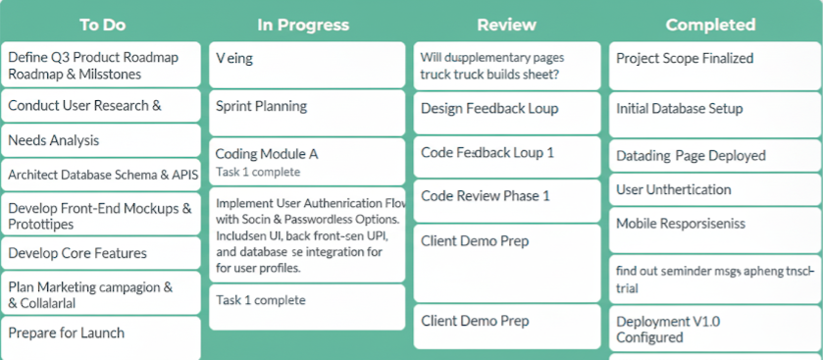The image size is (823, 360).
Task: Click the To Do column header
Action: pos(102,25)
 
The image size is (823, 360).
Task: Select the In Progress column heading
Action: pos(303,25)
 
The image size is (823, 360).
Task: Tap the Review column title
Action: pos(506,25)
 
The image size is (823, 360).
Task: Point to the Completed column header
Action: pos(710,26)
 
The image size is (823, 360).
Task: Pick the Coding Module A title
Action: pos(267,154)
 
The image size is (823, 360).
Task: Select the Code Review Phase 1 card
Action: pos(486,196)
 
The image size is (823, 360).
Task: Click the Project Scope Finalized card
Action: pos(685,58)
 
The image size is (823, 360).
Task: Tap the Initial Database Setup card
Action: pos(680,108)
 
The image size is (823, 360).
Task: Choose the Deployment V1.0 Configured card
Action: pos(668,329)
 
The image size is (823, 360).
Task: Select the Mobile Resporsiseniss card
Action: pos(681,224)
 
